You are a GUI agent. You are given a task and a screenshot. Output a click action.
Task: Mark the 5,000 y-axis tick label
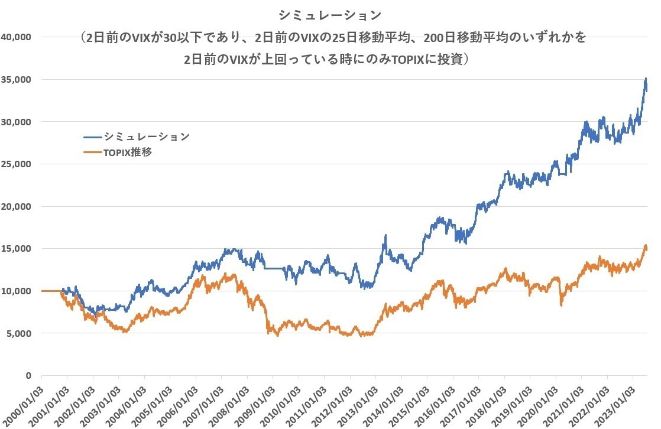[x=19, y=333]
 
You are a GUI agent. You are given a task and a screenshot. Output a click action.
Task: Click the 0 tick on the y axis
[x=28, y=375]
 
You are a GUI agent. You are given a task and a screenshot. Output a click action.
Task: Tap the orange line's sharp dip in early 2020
[x=561, y=304]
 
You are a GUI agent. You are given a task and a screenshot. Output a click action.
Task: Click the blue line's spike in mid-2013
[x=385, y=236]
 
